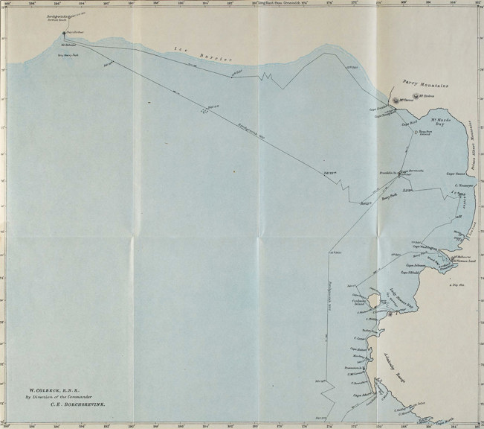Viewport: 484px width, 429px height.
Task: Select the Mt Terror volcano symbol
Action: click(397, 101)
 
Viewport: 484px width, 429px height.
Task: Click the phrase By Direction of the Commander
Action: click(62, 398)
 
